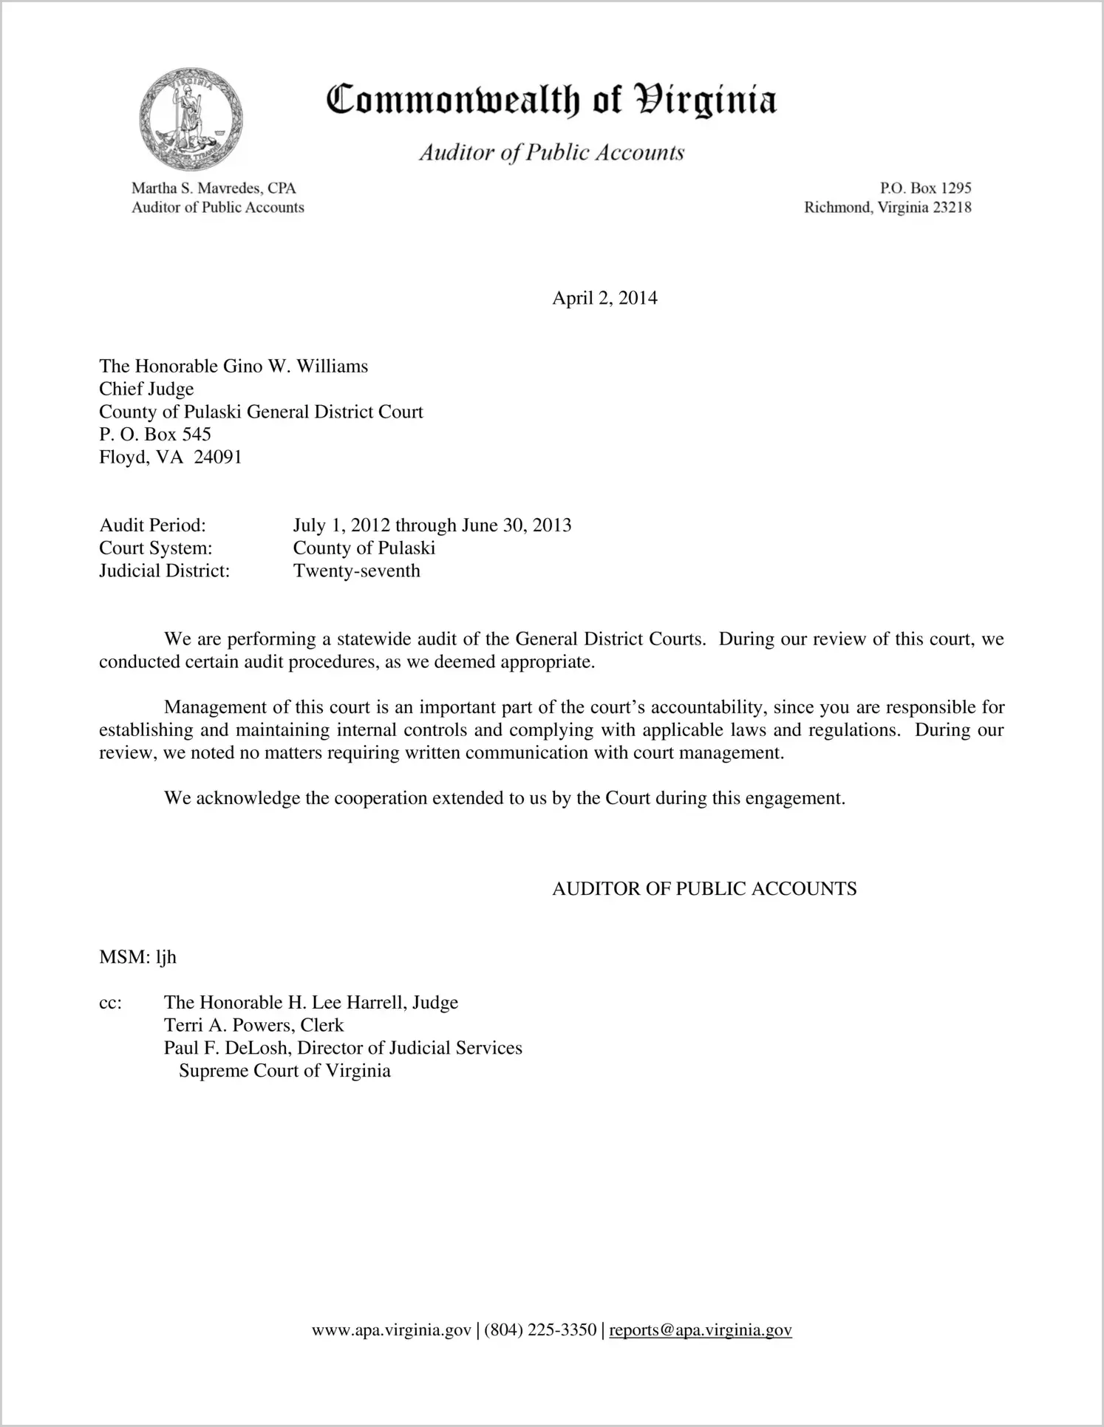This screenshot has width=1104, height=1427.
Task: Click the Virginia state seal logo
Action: point(191,119)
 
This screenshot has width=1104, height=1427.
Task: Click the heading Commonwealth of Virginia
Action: point(551,100)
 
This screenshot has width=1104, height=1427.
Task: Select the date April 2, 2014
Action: point(604,298)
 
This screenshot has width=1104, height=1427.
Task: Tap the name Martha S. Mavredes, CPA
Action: point(214,188)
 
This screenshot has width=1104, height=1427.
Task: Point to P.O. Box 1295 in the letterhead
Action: point(925,188)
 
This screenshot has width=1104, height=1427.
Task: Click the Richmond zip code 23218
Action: point(952,208)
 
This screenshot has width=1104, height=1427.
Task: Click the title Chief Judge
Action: point(146,389)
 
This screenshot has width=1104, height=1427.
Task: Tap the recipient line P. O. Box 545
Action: point(155,435)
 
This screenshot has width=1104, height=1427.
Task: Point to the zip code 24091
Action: point(218,457)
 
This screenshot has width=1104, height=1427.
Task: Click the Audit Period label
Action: point(152,525)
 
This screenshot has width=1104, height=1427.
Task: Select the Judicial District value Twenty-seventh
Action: point(356,571)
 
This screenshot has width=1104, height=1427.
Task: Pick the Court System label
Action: point(155,548)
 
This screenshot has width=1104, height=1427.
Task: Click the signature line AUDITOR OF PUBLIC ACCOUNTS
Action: point(704,889)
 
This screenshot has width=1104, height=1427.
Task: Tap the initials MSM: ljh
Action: point(137,958)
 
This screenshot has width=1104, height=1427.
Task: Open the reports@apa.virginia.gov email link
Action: point(701,1331)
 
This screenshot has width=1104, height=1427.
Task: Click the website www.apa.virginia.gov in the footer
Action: point(391,1331)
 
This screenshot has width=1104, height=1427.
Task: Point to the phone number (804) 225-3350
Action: point(540,1331)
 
